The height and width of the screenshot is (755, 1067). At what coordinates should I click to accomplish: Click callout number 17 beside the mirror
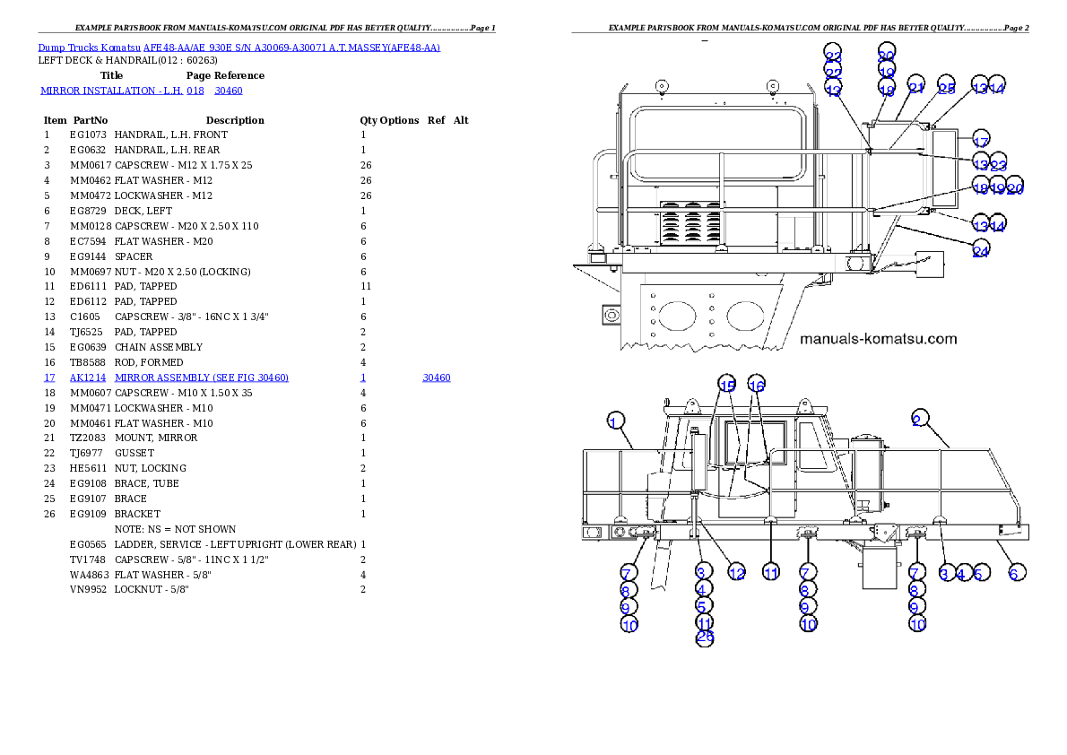(x=980, y=142)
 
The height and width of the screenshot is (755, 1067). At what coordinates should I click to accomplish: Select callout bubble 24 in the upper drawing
(x=980, y=252)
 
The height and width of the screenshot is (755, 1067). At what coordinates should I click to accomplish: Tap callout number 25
(x=947, y=88)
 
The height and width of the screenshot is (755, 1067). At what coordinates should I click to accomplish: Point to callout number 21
(x=915, y=88)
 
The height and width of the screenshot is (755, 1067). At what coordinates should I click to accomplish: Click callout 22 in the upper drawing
(x=833, y=73)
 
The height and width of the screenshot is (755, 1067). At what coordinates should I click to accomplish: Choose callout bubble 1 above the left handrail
(x=615, y=421)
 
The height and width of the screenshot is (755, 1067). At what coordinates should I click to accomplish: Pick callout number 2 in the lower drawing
(x=916, y=419)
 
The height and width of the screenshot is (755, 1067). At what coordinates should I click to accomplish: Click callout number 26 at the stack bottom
(x=705, y=638)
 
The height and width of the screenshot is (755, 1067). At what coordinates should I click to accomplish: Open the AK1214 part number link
(x=88, y=378)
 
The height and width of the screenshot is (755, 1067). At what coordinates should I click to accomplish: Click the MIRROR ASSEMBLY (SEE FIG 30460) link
(x=202, y=378)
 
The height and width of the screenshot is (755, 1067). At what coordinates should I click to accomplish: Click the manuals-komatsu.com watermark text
(x=878, y=339)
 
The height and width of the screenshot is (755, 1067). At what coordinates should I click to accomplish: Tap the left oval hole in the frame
(x=676, y=315)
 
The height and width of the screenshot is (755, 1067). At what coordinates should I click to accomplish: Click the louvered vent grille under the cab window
(x=690, y=223)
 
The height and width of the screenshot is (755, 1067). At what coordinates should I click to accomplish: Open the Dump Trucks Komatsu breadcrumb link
(x=239, y=47)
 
